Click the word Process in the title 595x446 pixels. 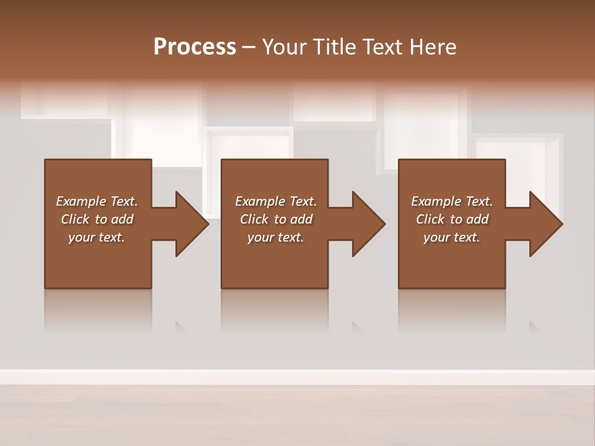point(195,47)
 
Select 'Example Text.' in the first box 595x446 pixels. point(97,201)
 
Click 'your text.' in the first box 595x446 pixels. point(97,237)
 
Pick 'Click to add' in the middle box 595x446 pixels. point(276,219)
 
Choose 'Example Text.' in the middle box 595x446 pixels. point(276,201)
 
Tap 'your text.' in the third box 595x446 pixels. point(452,237)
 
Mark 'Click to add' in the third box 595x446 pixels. point(452,219)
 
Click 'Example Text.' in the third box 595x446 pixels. point(452,201)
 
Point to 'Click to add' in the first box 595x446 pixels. point(97,219)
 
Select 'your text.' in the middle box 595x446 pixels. point(276,237)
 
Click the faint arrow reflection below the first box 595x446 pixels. point(180,327)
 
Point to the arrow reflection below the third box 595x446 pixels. point(534,327)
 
